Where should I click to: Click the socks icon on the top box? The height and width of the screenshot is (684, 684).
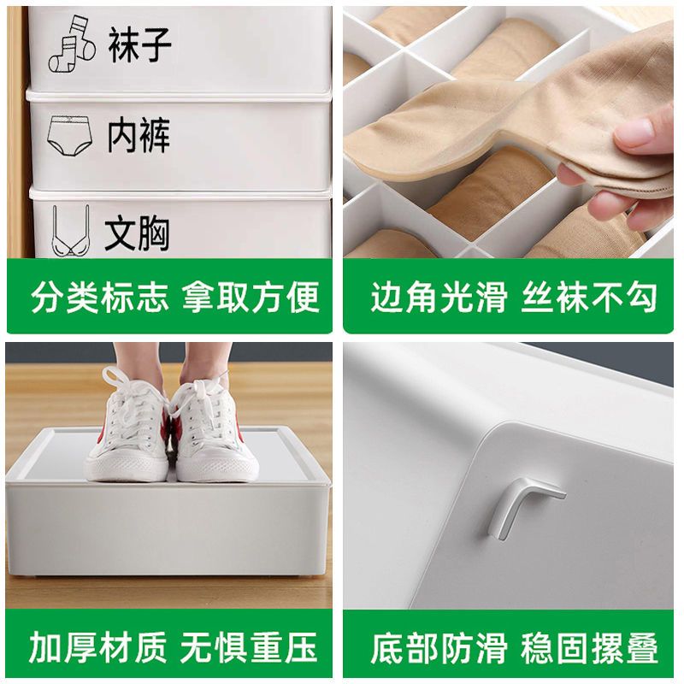[x=72, y=44]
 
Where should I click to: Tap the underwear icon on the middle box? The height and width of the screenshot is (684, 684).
[x=69, y=135]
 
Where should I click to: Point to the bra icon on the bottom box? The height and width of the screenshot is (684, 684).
[x=71, y=230]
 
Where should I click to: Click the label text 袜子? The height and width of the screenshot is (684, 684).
[x=139, y=44]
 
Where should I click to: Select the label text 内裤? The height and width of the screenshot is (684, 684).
[x=139, y=135]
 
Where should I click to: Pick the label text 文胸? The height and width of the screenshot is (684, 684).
[x=137, y=233]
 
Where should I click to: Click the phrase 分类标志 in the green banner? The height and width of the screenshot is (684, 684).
[x=99, y=297]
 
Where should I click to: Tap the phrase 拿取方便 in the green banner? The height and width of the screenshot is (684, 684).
[x=251, y=297]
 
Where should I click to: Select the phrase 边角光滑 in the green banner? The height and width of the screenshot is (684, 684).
[x=439, y=297]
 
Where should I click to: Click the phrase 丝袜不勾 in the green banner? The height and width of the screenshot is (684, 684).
[x=589, y=297]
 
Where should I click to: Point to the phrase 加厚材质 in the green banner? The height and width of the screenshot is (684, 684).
[x=98, y=647]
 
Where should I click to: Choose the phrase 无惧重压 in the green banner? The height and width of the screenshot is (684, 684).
[x=249, y=647]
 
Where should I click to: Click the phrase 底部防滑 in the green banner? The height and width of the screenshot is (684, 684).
[x=439, y=648]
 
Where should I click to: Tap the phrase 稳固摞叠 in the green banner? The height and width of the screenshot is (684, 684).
[x=589, y=648]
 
